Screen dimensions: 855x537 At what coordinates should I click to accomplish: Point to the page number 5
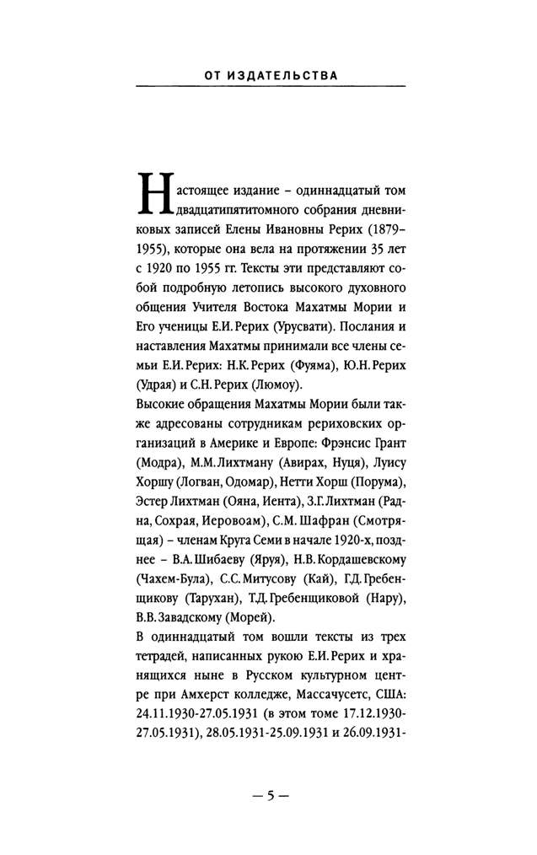click(x=268, y=795)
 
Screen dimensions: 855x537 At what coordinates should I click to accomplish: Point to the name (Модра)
click(x=158, y=461)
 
